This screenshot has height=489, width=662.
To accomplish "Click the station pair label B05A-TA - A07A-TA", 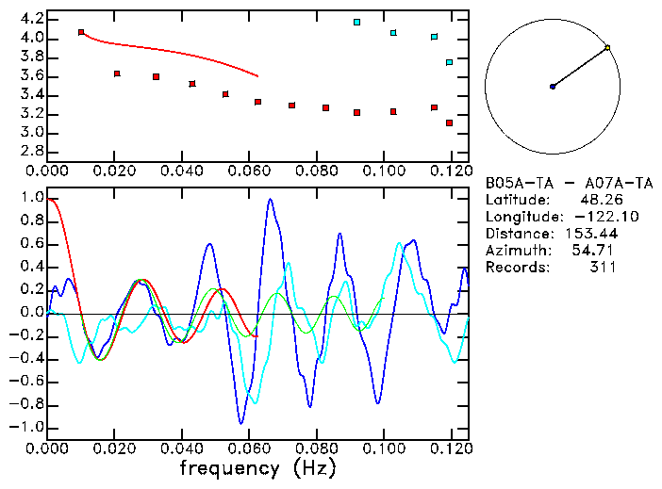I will (568, 183).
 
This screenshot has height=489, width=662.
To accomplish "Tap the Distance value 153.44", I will (590, 234).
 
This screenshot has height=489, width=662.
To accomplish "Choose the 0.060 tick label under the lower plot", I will (249, 448).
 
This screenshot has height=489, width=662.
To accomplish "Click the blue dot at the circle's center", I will (553, 87).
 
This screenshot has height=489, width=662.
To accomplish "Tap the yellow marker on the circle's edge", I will (607, 47).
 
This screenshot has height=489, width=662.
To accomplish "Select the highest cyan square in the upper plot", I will (356, 22).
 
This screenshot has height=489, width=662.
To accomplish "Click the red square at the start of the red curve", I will (81, 32).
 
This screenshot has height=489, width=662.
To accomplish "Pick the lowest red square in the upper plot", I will (450, 122).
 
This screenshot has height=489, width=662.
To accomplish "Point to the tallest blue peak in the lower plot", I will (270, 200).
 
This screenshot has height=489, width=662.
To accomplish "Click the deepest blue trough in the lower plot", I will (241, 422).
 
